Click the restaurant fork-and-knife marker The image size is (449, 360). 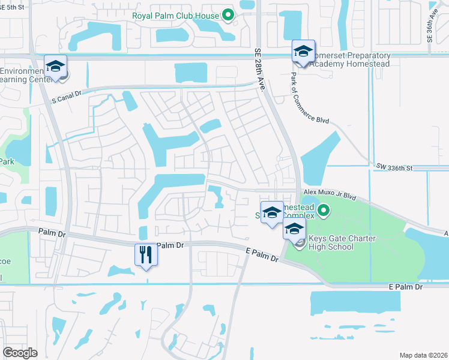(x=146, y=255)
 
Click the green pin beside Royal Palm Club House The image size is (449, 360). (x=228, y=15)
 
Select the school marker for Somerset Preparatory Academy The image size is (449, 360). (x=303, y=52)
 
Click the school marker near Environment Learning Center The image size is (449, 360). (x=55, y=66)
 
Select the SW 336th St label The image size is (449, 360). (x=393, y=169)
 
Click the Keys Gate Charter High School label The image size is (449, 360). (x=342, y=243)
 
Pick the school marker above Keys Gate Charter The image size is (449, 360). (x=294, y=229)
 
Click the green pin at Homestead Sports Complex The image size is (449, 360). (x=324, y=210)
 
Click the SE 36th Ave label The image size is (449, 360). (x=430, y=28)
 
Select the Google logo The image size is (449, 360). (x=20, y=352)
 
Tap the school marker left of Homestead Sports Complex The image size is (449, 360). (x=272, y=213)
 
